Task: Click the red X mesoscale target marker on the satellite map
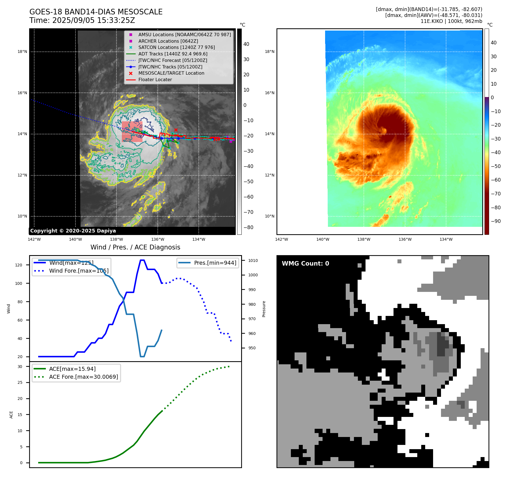(176, 130)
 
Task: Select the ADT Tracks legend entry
(173, 54)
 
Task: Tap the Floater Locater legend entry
(155, 79)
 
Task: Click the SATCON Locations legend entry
(176, 47)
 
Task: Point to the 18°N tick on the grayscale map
(22, 51)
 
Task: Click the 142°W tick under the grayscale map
(34, 239)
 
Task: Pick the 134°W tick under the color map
(446, 239)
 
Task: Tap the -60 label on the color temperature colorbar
(496, 180)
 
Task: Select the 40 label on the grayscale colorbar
(246, 44)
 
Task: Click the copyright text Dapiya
(73, 231)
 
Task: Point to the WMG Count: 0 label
(305, 263)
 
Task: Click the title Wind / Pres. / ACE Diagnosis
(135, 247)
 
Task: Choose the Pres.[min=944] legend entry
(215, 263)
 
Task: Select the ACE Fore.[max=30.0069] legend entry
(83, 377)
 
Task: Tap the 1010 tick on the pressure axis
(253, 260)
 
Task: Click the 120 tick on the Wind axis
(18, 265)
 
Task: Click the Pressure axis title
(264, 309)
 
